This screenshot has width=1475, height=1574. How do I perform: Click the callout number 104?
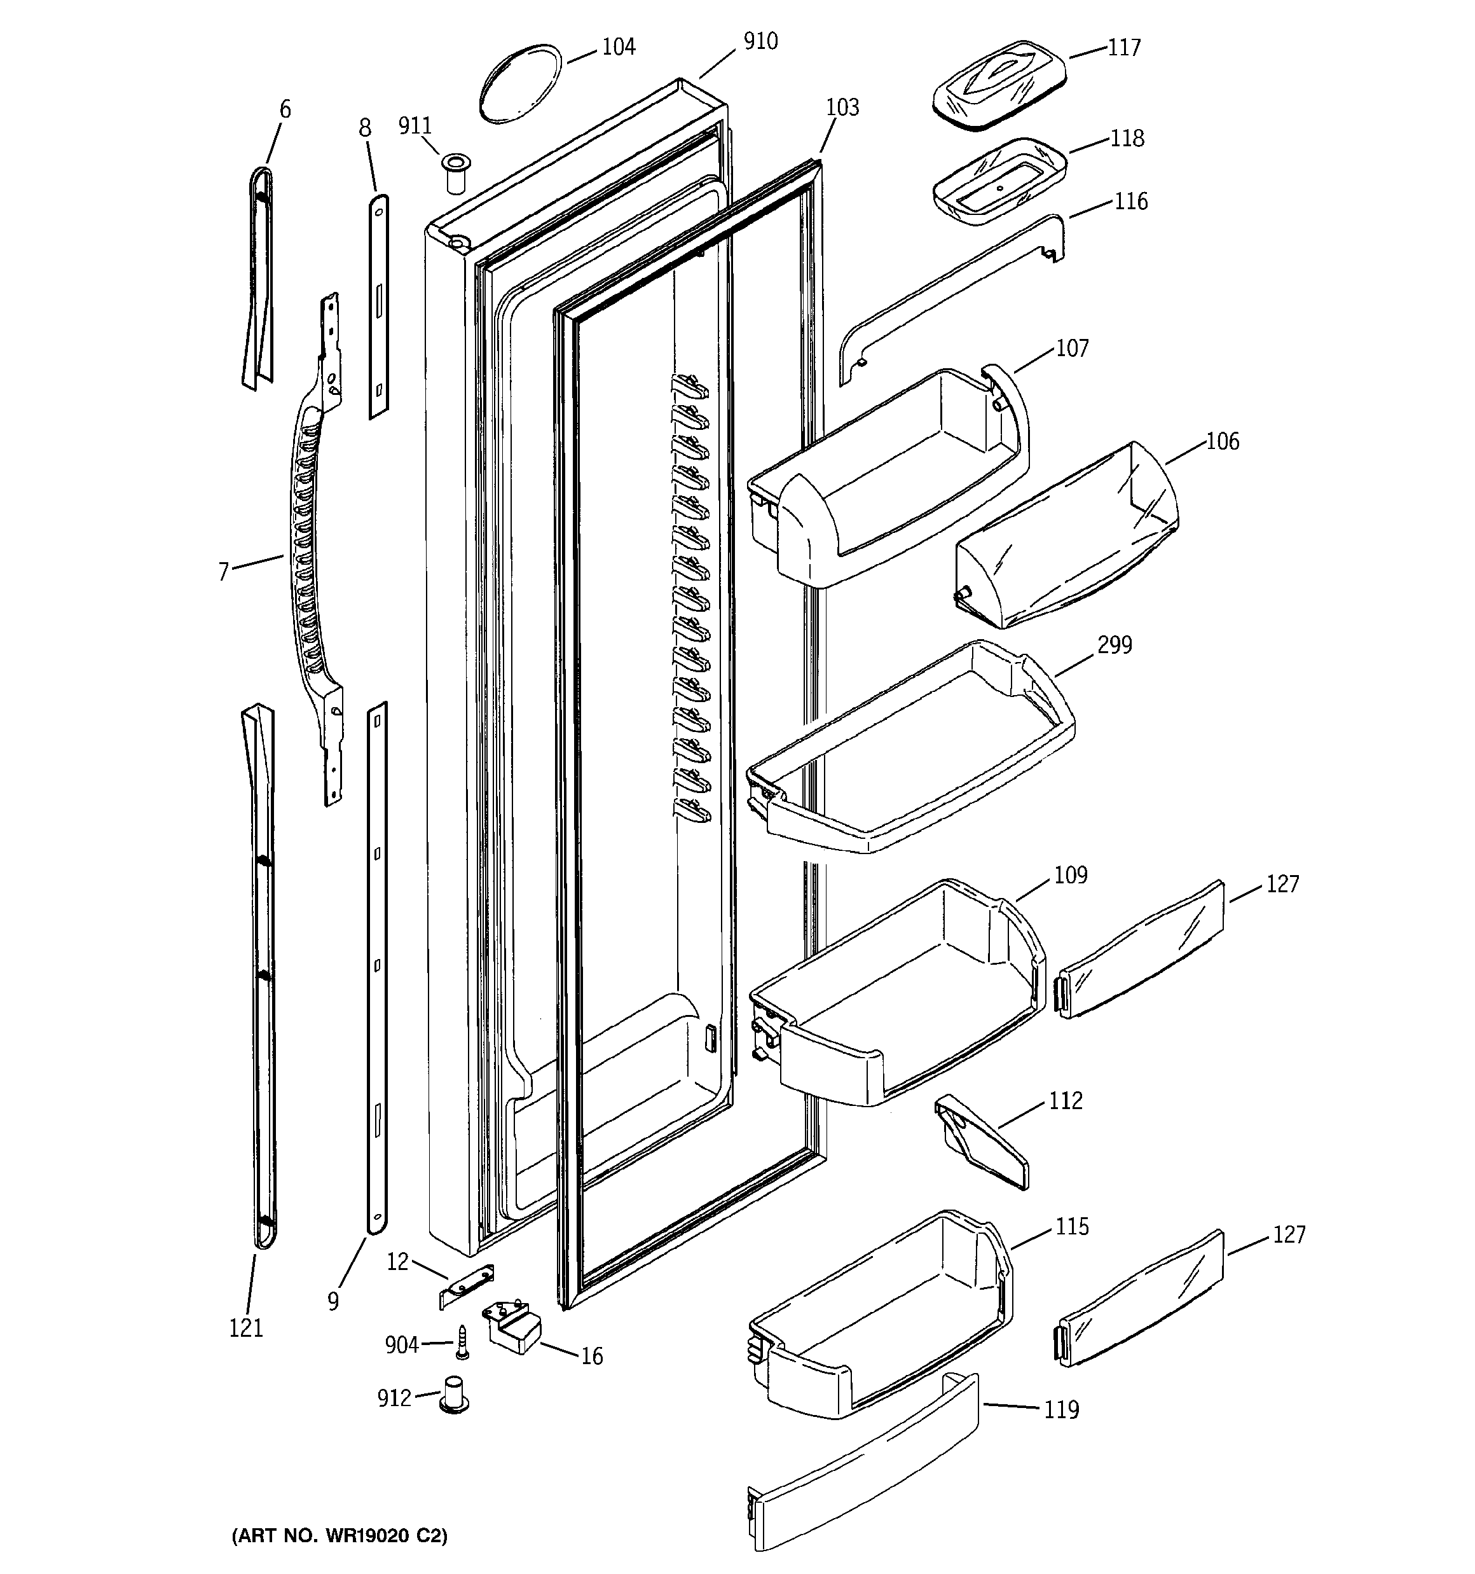pos(619,48)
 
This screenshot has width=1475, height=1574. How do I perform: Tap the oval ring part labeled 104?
pos(521,83)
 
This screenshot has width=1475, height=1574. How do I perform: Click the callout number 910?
pos(760,42)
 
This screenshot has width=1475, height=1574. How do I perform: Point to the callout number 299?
pos(1114,645)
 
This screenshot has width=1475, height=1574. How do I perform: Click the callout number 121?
pos(245,1328)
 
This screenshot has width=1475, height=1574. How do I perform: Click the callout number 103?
pos(842,107)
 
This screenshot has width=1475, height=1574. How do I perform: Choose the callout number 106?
pos(1222,442)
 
